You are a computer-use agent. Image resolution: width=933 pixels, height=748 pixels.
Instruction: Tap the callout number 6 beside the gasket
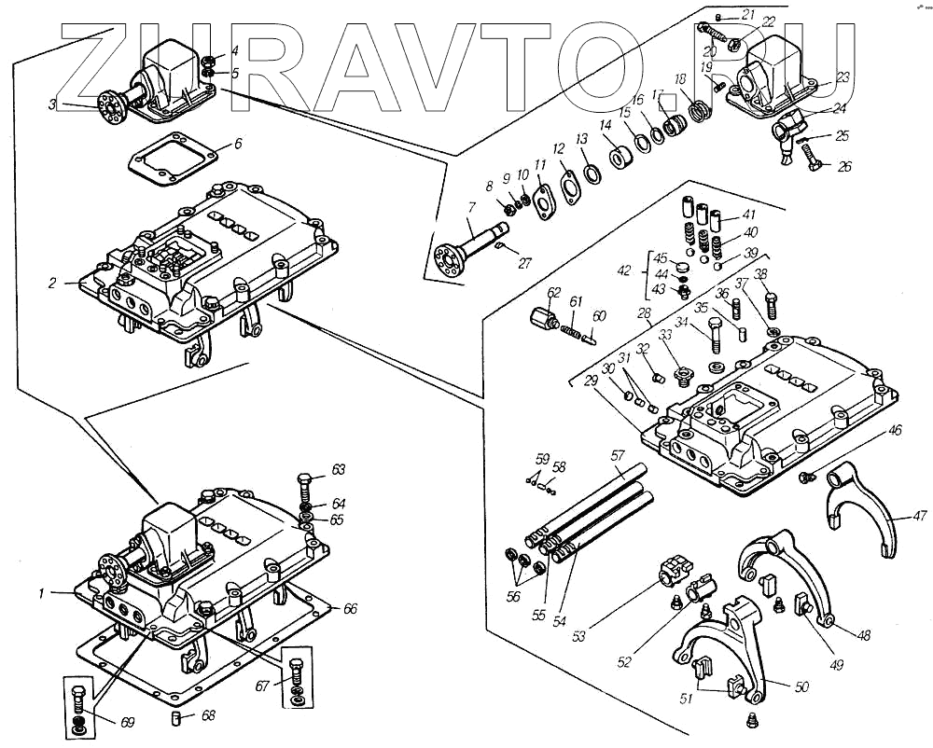click(238, 145)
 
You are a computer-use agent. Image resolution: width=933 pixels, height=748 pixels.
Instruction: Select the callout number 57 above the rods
click(616, 455)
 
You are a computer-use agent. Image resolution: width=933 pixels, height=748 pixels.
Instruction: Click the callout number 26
click(844, 168)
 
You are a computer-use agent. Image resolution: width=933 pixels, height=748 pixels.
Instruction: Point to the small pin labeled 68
click(177, 718)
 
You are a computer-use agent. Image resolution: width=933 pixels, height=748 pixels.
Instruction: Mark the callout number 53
click(579, 636)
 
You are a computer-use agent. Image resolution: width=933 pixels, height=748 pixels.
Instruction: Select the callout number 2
click(53, 283)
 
